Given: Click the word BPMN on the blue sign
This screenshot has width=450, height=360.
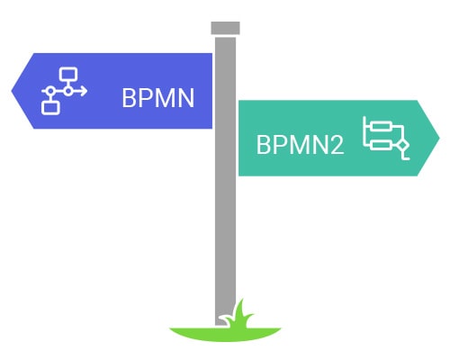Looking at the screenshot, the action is (158, 98).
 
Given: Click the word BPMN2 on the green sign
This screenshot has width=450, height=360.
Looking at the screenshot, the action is (300, 145).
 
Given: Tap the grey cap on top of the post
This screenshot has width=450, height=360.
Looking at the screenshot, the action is (225, 28).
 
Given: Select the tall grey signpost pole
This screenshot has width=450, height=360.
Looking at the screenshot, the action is (225, 180).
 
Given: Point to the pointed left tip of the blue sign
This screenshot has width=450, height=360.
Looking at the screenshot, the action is (12, 91).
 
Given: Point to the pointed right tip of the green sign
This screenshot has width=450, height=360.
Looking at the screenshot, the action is (439, 138).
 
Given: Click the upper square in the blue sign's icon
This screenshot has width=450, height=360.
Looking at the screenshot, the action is (68, 75).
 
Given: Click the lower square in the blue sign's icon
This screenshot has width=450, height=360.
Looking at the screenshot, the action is (50, 108).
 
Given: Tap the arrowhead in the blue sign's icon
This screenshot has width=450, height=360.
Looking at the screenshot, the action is (84, 91).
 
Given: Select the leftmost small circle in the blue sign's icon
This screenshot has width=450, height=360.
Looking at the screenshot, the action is (50, 91).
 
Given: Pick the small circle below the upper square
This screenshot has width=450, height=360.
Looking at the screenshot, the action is (68, 91).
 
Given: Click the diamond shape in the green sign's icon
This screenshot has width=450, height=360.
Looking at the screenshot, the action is (402, 146).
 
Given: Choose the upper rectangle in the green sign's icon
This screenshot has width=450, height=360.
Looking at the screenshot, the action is (381, 126).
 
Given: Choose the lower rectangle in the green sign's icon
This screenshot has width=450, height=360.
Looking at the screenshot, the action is (381, 146).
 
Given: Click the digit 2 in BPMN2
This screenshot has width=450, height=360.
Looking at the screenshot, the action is (337, 145).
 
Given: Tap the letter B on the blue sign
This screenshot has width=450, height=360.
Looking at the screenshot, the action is (129, 98).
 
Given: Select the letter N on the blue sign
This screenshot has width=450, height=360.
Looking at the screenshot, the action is (186, 98).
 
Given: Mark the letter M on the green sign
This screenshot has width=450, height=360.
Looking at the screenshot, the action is (301, 145).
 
